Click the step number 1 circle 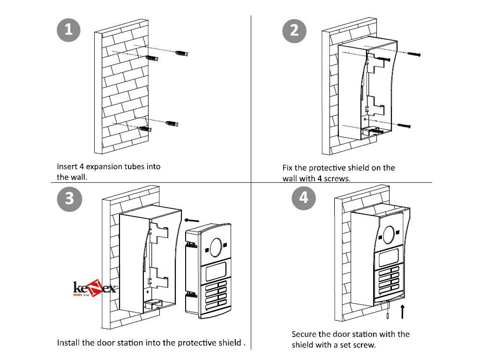tap(68, 30)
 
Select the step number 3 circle tap(69, 198)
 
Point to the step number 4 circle tap(303, 197)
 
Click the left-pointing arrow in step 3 tap(192, 220)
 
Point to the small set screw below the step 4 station tap(388, 316)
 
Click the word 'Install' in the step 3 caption tap(68, 342)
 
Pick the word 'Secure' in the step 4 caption tap(304, 334)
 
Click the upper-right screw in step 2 tap(412, 54)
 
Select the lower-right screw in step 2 tap(404, 126)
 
